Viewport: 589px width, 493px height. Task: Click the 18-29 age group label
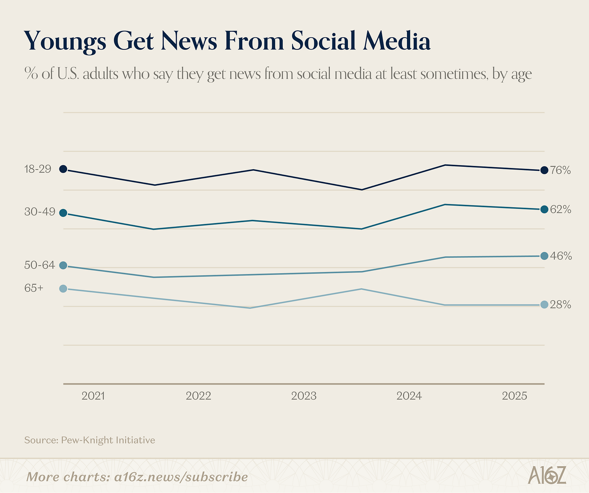[38, 169]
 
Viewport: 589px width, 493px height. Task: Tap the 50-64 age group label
[39, 265]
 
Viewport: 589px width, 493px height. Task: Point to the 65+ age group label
[34, 288]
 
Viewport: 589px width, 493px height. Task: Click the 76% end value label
[560, 170]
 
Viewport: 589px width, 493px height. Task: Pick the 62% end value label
[560, 210]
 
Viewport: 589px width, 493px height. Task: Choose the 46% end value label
[561, 256]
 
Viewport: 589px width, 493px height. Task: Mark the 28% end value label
[560, 305]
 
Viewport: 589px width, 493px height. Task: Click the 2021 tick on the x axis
[93, 396]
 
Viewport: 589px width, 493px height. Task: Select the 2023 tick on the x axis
[304, 396]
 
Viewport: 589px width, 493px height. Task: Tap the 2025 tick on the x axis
[515, 396]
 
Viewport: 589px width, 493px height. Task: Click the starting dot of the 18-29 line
[63, 169]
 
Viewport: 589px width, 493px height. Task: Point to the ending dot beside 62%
[544, 209]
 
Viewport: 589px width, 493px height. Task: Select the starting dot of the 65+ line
[63, 289]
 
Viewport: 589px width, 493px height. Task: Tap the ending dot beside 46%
[544, 256]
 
